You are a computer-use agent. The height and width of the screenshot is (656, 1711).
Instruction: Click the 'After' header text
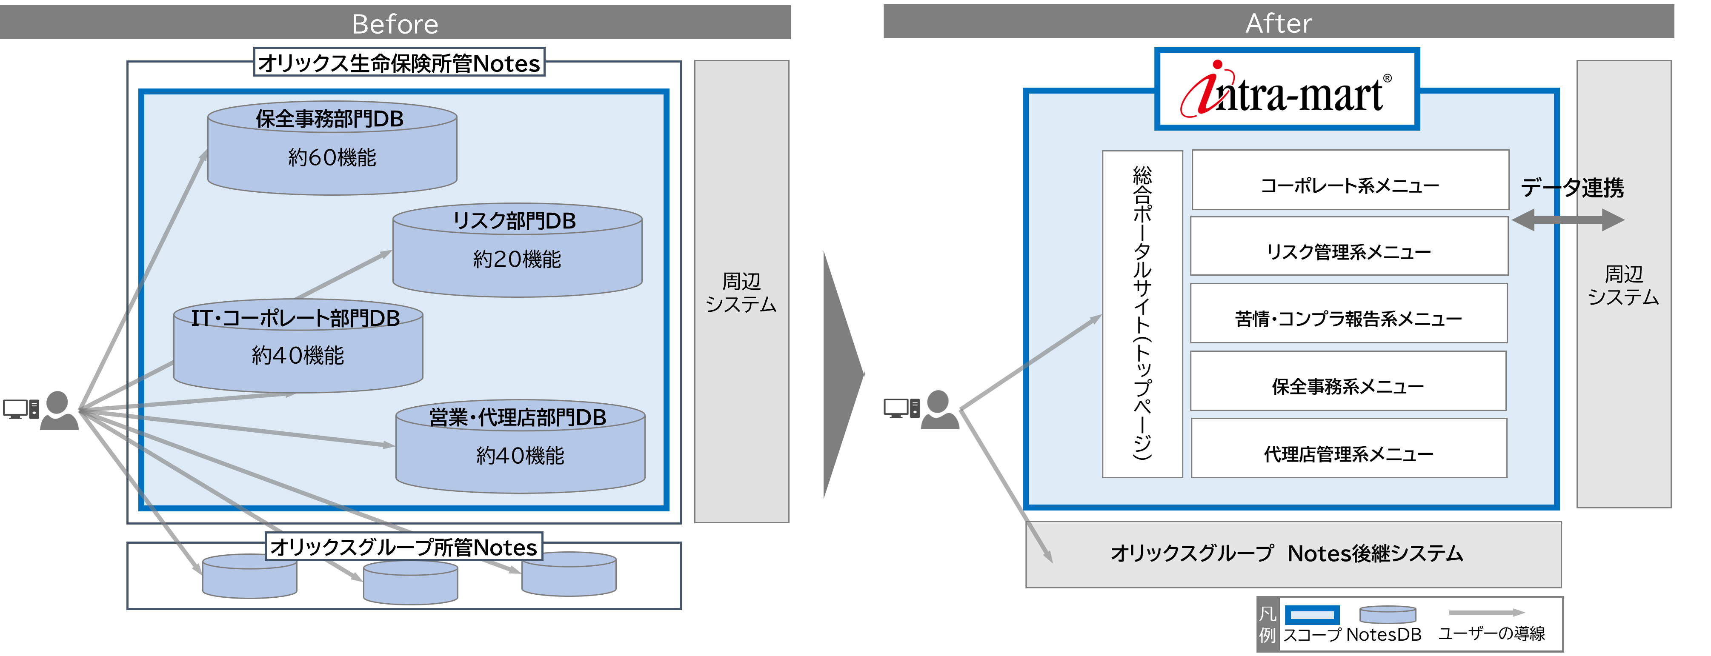click(x=1278, y=23)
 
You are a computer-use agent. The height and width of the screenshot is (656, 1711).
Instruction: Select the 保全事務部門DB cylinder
click(x=332, y=149)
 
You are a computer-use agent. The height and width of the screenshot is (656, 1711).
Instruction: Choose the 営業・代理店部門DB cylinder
click(x=520, y=446)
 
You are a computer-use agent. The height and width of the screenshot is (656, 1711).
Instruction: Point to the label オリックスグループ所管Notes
click(x=404, y=546)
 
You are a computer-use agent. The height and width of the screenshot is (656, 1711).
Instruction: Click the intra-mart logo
click(x=1287, y=90)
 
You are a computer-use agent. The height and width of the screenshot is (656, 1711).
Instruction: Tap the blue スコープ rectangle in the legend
click(x=1311, y=614)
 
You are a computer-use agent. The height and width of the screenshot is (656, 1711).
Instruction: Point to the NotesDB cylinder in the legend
click(x=1388, y=614)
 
